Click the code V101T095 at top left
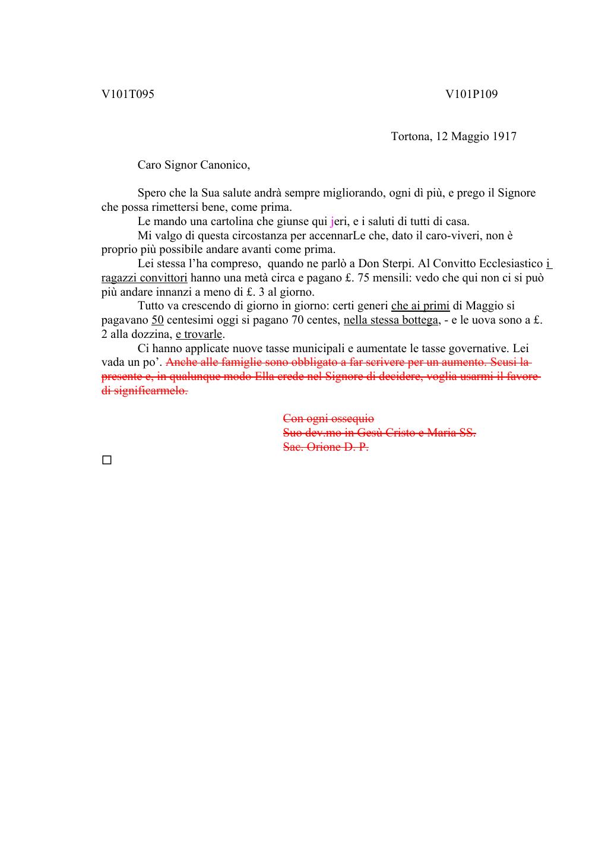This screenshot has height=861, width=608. pyautogui.click(x=128, y=94)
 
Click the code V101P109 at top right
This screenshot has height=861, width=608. pyautogui.click(x=471, y=94)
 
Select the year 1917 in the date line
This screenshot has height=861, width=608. pyautogui.click(x=503, y=137)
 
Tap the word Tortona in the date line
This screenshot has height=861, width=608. pyautogui.click(x=410, y=137)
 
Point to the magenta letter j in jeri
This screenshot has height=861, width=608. pyautogui.click(x=332, y=222)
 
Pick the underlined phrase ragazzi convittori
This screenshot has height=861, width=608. pyautogui.click(x=144, y=278)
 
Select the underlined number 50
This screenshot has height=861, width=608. pyautogui.click(x=157, y=320)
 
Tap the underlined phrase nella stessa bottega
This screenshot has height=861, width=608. pyautogui.click(x=390, y=320)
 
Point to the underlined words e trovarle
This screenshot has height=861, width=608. pyautogui.click(x=198, y=334)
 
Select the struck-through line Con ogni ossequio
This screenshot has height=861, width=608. pyautogui.click(x=328, y=419)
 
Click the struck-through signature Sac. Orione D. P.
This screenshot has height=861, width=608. pyautogui.click(x=325, y=447)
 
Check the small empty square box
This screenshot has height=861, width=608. pyautogui.click(x=107, y=460)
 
